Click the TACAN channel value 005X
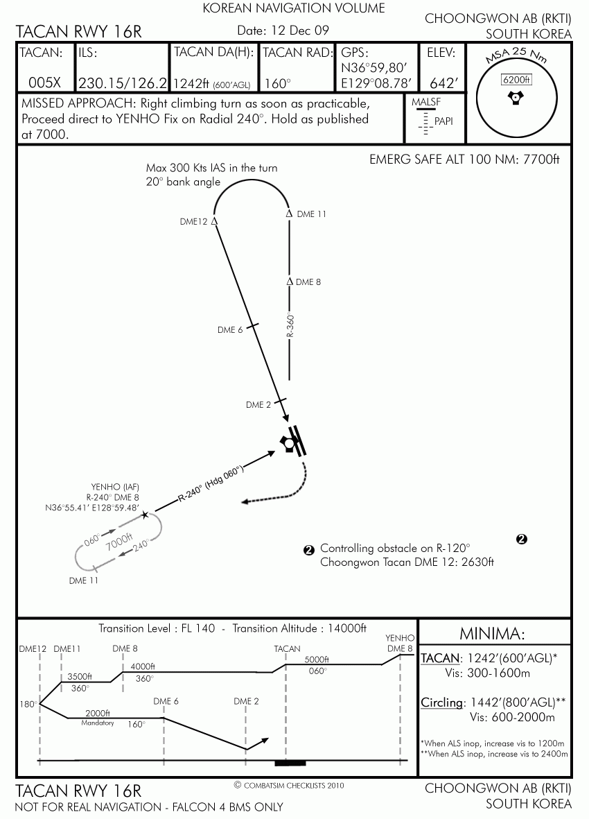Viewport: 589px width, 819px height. click(45, 83)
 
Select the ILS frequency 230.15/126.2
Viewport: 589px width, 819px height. click(123, 83)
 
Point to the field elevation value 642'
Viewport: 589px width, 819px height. click(444, 83)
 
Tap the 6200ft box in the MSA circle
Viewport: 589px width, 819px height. click(516, 79)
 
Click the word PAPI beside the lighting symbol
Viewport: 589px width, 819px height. click(443, 121)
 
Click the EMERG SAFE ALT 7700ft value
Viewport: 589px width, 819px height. click(541, 160)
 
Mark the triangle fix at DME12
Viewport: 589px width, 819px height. click(214, 221)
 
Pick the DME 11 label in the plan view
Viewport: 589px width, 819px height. click(311, 214)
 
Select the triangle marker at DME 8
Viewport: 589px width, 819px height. click(290, 282)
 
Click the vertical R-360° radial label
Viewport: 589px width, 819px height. click(290, 325)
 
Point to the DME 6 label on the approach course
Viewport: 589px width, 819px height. click(230, 330)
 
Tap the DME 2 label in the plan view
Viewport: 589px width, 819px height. click(258, 405)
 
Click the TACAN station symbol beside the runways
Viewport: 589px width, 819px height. click(288, 443)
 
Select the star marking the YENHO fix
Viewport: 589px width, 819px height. click(145, 515)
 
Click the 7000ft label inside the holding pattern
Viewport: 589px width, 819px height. click(119, 542)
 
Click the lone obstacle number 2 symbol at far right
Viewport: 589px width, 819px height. click(521, 539)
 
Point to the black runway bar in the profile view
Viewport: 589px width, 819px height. click(290, 764)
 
